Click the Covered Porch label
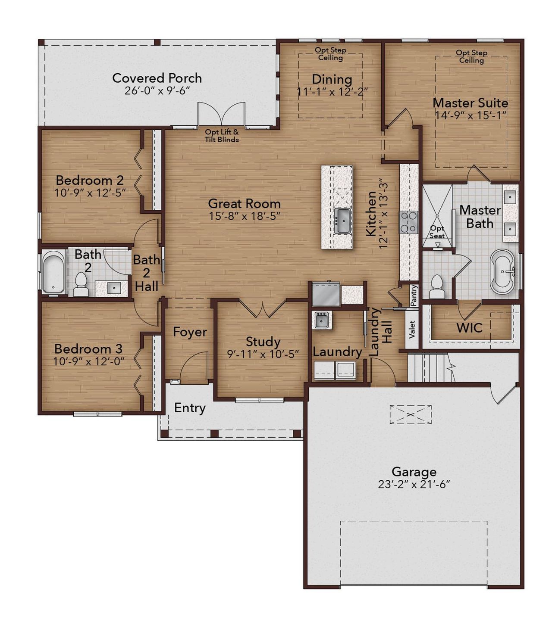pos(157,78)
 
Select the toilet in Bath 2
pos(81,284)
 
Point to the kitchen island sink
pos(343,221)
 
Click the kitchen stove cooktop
pos(408,222)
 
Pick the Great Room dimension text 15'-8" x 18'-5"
pos(245,216)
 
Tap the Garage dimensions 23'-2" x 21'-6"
pos(414,485)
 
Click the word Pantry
pos(414,296)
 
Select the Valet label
pos(412,329)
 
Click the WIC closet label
pos(469,328)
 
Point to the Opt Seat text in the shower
pos(437,232)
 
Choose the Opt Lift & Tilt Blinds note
pos(222,136)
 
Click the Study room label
pos(263,342)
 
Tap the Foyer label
pos(190,332)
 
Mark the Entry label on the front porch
pos(190,408)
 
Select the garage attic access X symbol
pos(411,414)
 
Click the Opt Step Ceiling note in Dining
pos(330,54)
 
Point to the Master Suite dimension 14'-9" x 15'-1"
pos(470,115)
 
